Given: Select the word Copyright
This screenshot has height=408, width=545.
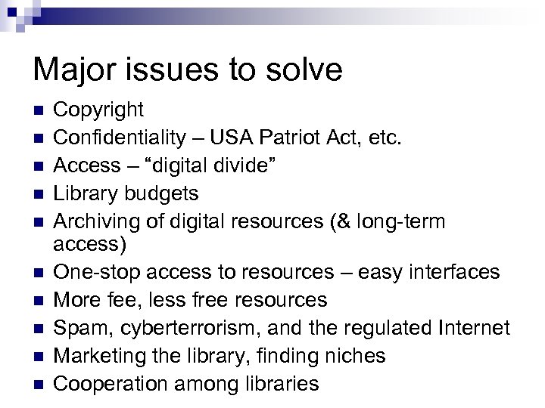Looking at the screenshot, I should click(x=99, y=110).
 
